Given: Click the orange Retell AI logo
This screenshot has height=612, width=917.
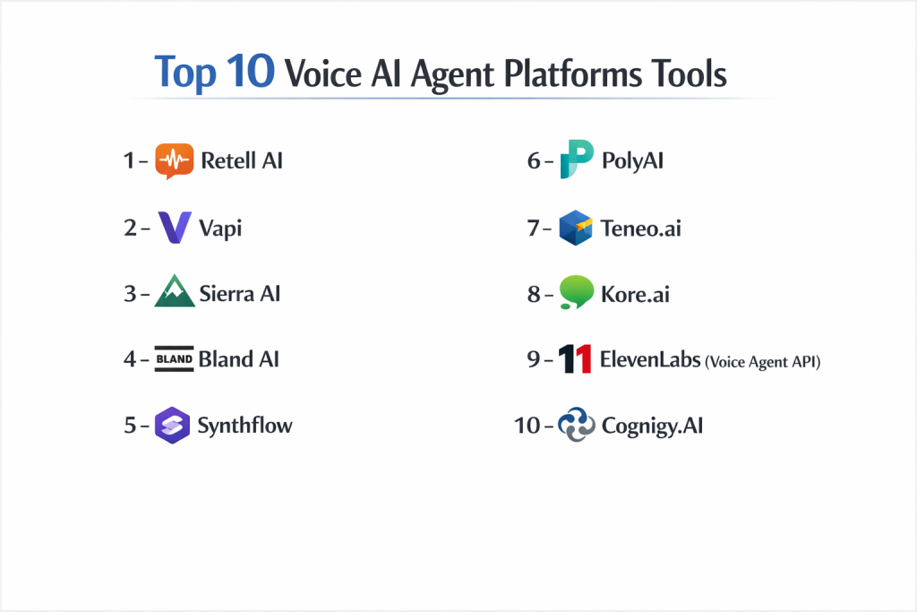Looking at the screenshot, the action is [175, 160].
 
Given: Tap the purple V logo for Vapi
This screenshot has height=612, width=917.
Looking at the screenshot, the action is [175, 228].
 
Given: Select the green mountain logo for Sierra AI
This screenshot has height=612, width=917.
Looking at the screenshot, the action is [175, 291].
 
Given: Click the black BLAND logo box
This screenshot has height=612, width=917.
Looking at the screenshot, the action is [175, 358].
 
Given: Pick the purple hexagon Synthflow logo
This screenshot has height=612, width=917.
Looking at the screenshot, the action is [173, 426].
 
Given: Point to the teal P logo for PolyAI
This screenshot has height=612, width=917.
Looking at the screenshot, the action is [577, 159].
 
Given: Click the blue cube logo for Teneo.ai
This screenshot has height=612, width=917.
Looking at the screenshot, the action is [576, 228].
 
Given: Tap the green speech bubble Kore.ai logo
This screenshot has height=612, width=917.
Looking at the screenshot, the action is [576, 292].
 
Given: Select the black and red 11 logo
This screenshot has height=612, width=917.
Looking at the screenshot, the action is [574, 358].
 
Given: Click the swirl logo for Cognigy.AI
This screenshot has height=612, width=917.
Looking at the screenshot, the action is [577, 425].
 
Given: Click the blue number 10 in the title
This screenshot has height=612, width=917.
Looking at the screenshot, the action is [251, 72].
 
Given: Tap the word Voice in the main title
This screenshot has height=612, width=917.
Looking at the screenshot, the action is [322, 74].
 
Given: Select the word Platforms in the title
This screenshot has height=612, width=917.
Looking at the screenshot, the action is [572, 74].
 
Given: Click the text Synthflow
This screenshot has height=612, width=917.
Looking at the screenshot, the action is [245, 426].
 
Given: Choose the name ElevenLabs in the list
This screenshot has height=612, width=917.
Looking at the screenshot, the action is [650, 359].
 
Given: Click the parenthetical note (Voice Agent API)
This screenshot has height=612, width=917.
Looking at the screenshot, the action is [763, 362].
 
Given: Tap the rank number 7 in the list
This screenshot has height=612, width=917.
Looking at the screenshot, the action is [533, 228].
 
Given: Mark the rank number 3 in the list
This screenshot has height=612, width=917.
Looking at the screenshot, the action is [130, 294].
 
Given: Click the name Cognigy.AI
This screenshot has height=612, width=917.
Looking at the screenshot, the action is [652, 426].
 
